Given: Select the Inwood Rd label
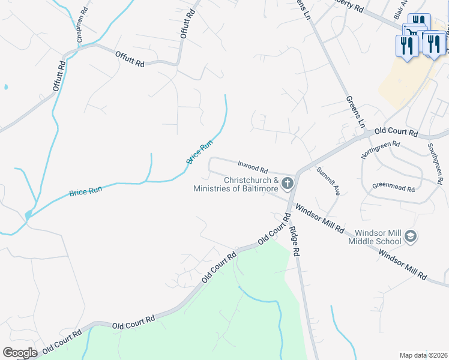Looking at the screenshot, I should click(x=252, y=166).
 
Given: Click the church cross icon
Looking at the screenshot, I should click(x=288, y=183).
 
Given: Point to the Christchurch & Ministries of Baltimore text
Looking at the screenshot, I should click(x=236, y=184).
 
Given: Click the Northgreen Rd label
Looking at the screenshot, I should click(x=380, y=150).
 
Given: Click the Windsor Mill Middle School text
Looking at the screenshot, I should click(x=378, y=237).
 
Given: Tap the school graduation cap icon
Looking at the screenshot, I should click(x=411, y=236).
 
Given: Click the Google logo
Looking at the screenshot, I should click(x=20, y=353).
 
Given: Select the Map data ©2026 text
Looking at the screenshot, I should click(x=423, y=355).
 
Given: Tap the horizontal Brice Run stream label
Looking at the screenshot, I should click(x=86, y=192).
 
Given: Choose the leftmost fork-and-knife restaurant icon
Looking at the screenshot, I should click(x=407, y=46).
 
